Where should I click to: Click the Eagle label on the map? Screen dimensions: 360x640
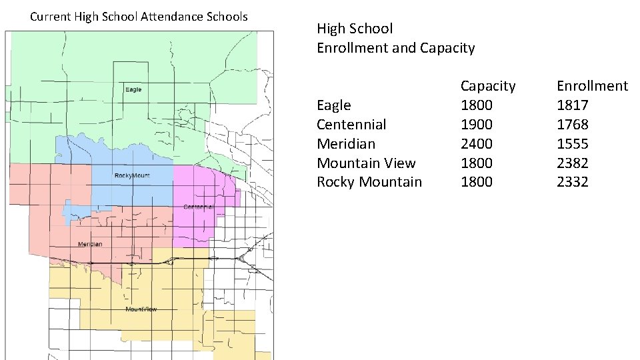click(x=133, y=89)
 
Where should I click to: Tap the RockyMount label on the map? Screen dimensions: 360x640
click(x=132, y=176)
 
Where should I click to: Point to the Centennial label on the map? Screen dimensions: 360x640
click(x=199, y=207)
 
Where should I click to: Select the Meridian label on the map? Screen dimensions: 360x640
click(x=90, y=244)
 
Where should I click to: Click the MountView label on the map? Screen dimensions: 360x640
click(x=141, y=309)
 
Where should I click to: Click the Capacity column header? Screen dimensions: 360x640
click(x=488, y=86)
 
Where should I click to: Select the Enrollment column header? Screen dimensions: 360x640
click(x=592, y=86)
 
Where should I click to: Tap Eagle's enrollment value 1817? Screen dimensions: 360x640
click(x=573, y=105)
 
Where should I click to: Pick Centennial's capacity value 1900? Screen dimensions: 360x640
click(x=477, y=125)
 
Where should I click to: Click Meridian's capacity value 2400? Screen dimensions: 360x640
click(x=477, y=144)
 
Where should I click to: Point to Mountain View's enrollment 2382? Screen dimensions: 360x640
click(x=573, y=163)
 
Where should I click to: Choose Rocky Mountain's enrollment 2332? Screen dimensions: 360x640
click(x=573, y=182)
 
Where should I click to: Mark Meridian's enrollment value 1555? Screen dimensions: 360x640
click(x=573, y=144)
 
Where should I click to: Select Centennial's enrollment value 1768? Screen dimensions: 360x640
click(x=573, y=125)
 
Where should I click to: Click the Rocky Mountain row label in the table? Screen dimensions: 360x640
click(x=369, y=182)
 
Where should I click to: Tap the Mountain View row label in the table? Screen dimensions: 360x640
click(x=366, y=163)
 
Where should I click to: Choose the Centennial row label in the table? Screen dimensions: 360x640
click(x=351, y=125)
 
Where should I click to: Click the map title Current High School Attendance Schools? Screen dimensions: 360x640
click(x=139, y=16)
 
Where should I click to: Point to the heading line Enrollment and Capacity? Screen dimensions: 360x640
click(x=396, y=48)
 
